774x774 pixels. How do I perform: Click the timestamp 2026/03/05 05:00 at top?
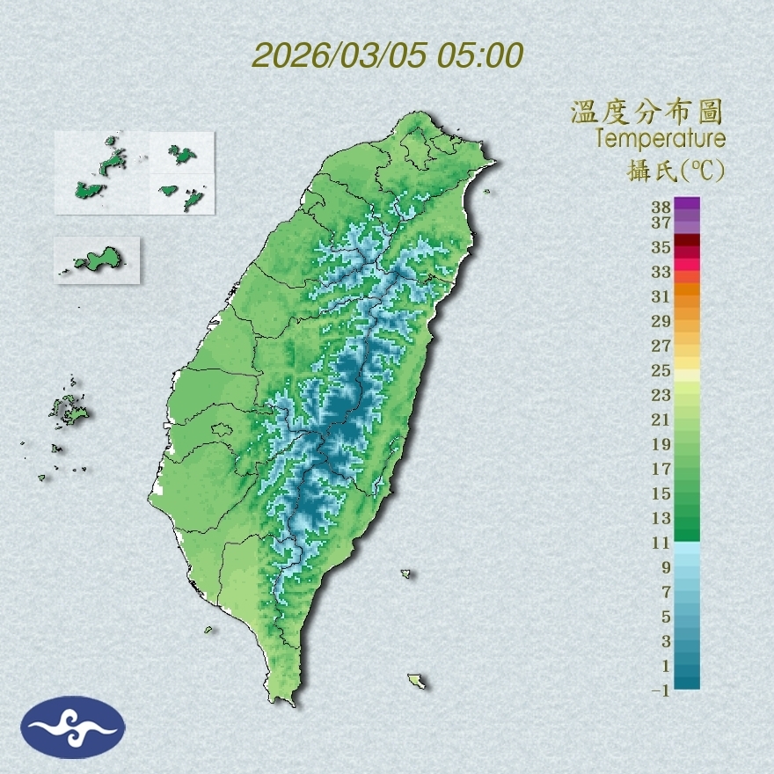[387, 55]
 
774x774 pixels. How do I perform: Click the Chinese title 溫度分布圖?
[646, 112]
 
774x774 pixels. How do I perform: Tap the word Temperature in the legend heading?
[660, 139]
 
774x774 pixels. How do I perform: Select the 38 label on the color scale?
[661, 208]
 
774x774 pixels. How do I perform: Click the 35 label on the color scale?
[661, 247]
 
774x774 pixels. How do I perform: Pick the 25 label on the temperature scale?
[661, 369]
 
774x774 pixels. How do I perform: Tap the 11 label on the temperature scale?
[661, 543]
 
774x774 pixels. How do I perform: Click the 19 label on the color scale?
[661, 444]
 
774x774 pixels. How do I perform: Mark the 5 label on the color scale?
[665, 616]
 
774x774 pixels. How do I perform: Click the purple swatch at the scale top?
[687, 203]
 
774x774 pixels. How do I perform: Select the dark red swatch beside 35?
[687, 240]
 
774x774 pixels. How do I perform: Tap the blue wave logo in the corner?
[73, 727]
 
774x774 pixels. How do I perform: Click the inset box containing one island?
[97, 259]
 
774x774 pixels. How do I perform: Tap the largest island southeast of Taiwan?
[416, 681]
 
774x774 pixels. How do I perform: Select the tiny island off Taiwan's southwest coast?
[209, 630]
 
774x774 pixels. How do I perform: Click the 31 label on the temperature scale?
[661, 296]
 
